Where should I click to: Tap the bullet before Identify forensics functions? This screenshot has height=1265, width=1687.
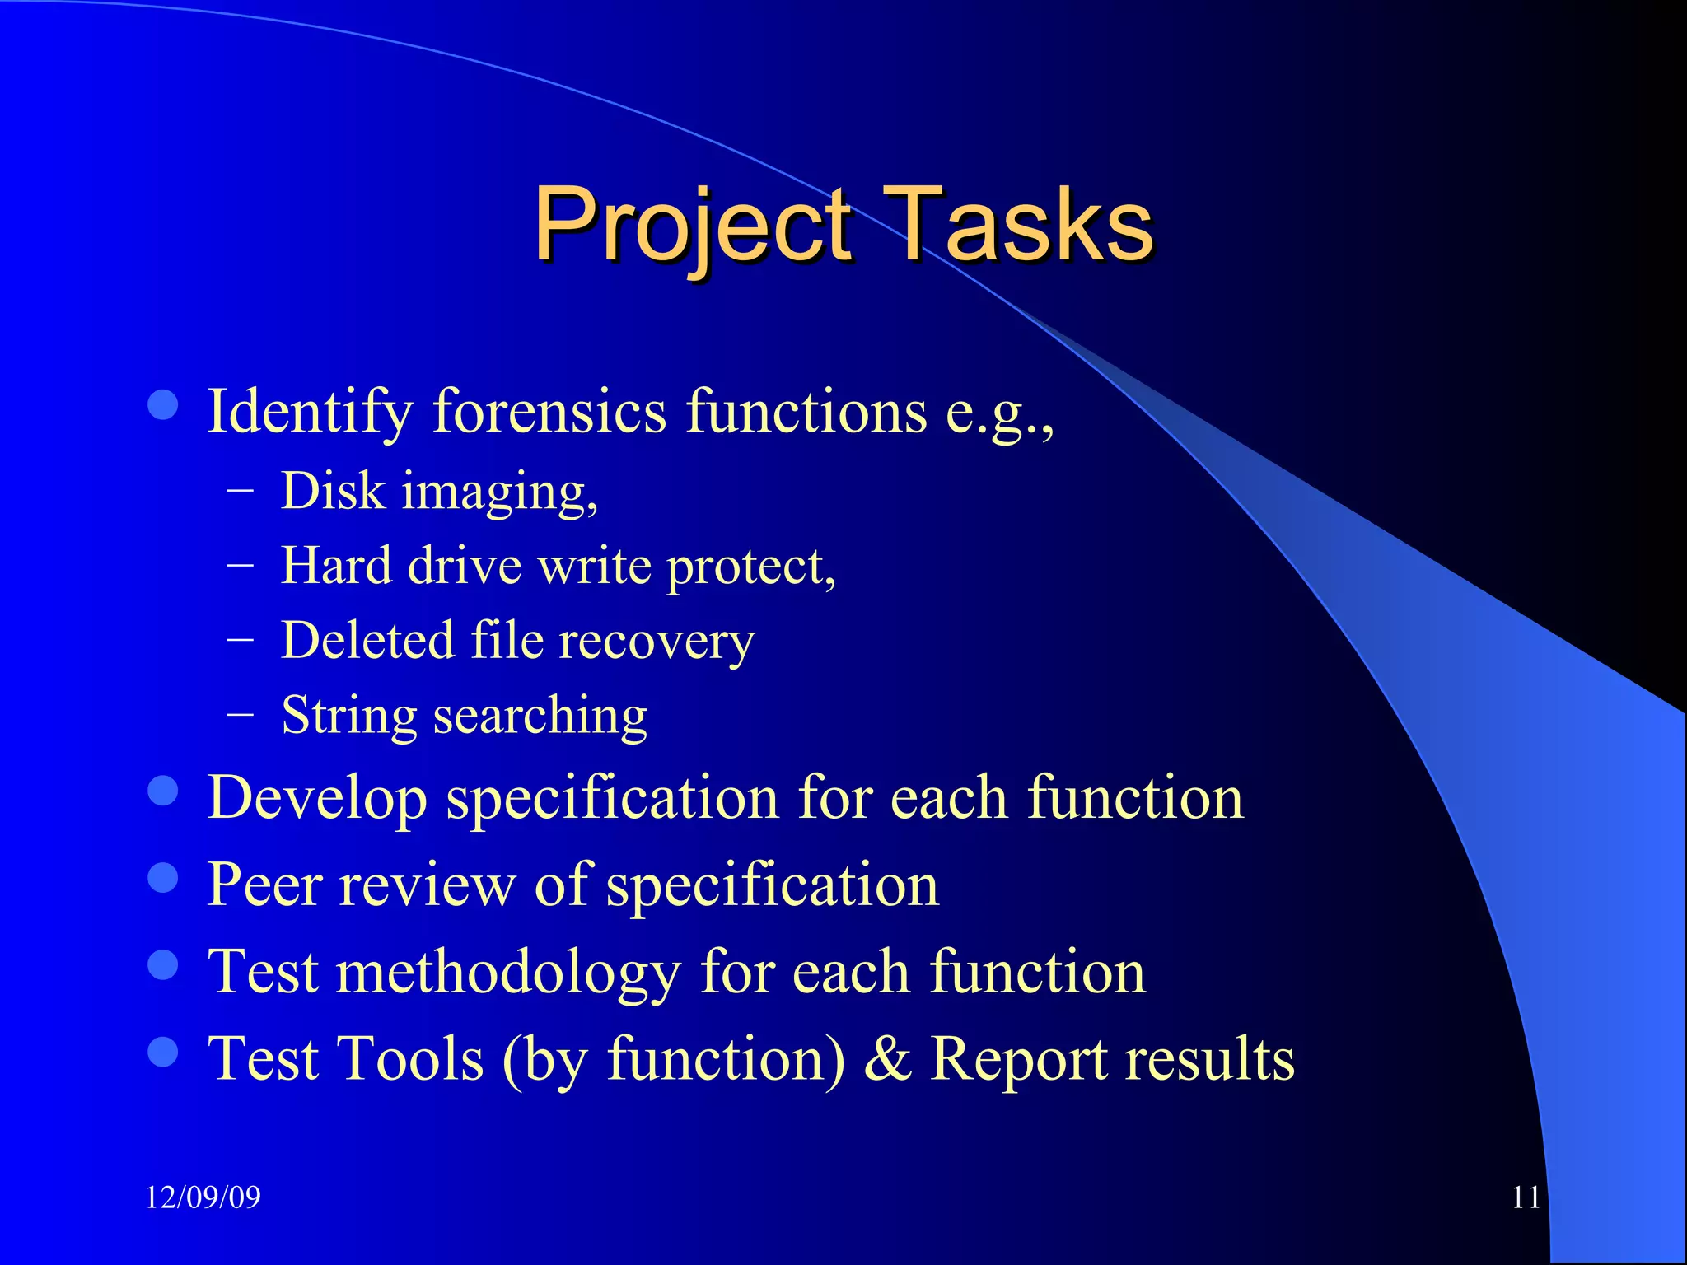coord(163,405)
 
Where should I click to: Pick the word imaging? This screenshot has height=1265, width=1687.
coord(499,492)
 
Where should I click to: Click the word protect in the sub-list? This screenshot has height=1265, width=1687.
coord(750,567)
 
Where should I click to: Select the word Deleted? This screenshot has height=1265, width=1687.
coord(367,640)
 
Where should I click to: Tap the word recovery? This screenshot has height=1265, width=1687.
coord(657,642)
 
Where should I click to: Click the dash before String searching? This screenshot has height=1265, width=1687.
coord(240,714)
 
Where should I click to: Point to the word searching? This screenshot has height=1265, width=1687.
coord(540,716)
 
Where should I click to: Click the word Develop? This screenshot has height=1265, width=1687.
coord(317,799)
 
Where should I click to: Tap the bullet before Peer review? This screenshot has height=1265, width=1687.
coord(163,878)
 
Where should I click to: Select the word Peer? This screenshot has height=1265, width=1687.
coord(264,885)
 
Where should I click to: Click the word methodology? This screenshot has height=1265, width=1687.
coord(508,973)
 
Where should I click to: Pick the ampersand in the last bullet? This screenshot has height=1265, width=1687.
coord(888,1059)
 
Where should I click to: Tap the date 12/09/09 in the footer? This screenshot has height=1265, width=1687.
coord(203,1197)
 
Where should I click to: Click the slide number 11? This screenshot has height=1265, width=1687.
coord(1526,1197)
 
